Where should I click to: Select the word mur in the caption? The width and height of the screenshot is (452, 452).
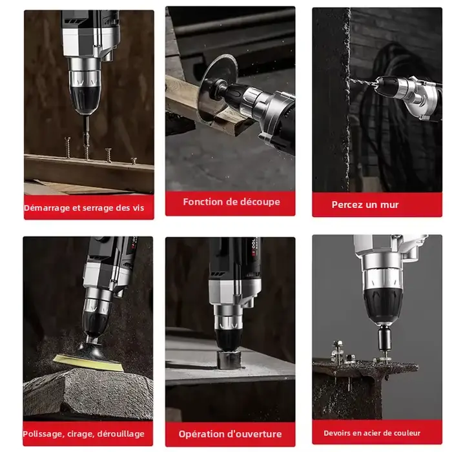tap(389, 205)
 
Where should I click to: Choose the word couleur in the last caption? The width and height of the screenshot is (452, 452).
tap(407, 433)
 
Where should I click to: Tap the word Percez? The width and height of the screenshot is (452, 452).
tap(345, 205)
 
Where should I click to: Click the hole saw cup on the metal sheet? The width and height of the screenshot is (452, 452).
tap(229, 360)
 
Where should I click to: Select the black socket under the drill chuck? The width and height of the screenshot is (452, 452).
tap(384, 338)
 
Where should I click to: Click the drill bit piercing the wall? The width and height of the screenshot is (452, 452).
tap(363, 82)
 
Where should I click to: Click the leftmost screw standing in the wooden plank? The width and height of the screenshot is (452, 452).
tap(68, 148)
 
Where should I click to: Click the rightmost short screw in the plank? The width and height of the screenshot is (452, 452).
tap(134, 161)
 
